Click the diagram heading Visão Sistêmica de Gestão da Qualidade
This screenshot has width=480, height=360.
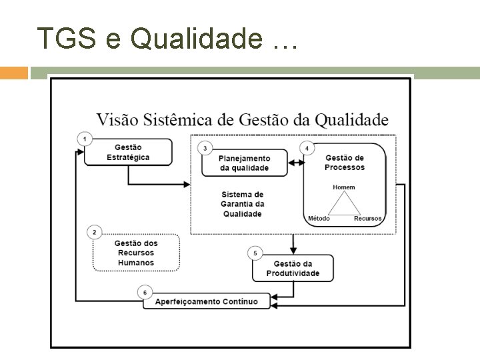click(x=242, y=121)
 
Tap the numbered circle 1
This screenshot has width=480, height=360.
click(x=85, y=139)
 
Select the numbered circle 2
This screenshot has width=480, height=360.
click(x=95, y=232)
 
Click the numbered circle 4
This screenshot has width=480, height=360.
click(x=307, y=147)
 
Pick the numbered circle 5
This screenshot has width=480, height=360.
click(x=255, y=253)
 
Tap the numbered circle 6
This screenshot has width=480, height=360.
click(x=145, y=291)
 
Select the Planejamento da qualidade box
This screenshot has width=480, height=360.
click(x=245, y=163)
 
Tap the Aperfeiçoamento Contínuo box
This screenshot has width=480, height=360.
click(x=207, y=301)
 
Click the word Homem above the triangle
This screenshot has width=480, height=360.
click(x=344, y=187)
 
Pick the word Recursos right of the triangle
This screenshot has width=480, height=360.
click(x=367, y=219)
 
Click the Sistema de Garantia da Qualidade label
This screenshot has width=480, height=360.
click(x=243, y=204)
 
